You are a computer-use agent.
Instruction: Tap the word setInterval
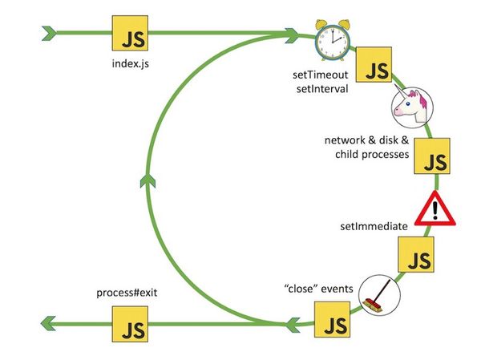pyautogui.click(x=321, y=88)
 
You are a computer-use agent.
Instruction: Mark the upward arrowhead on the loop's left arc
pyautogui.click(x=144, y=178)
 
